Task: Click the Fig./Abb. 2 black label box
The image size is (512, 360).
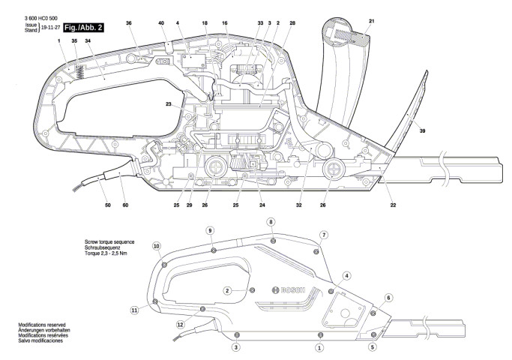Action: click(x=83, y=28)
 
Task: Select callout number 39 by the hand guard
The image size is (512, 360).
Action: click(x=423, y=130)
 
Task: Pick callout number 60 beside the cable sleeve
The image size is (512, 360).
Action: click(x=125, y=205)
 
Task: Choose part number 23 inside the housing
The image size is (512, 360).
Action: click(x=169, y=104)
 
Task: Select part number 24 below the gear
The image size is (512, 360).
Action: click(x=263, y=205)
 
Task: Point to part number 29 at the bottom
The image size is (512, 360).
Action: click(x=190, y=205)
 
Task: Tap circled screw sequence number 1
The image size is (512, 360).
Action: click(x=319, y=348)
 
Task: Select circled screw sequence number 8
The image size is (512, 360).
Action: click(x=271, y=222)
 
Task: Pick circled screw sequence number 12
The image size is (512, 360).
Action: click(x=180, y=324)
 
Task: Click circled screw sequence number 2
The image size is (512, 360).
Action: click(x=227, y=290)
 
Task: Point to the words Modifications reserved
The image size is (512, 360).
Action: click(x=43, y=325)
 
